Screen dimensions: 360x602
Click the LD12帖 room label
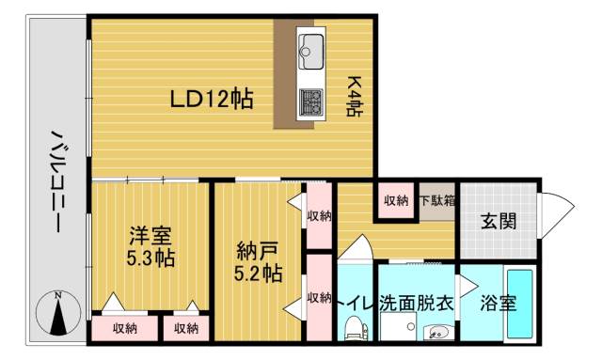[x=211, y=100]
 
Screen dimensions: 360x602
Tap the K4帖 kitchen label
[x=356, y=96]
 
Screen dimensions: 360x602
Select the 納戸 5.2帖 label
[x=257, y=263]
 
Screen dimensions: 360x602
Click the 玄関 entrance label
[x=499, y=223]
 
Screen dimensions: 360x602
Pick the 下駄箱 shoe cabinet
[x=437, y=200]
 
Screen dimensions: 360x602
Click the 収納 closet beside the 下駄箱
[x=396, y=200]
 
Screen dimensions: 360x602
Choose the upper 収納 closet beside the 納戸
[x=319, y=215]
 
